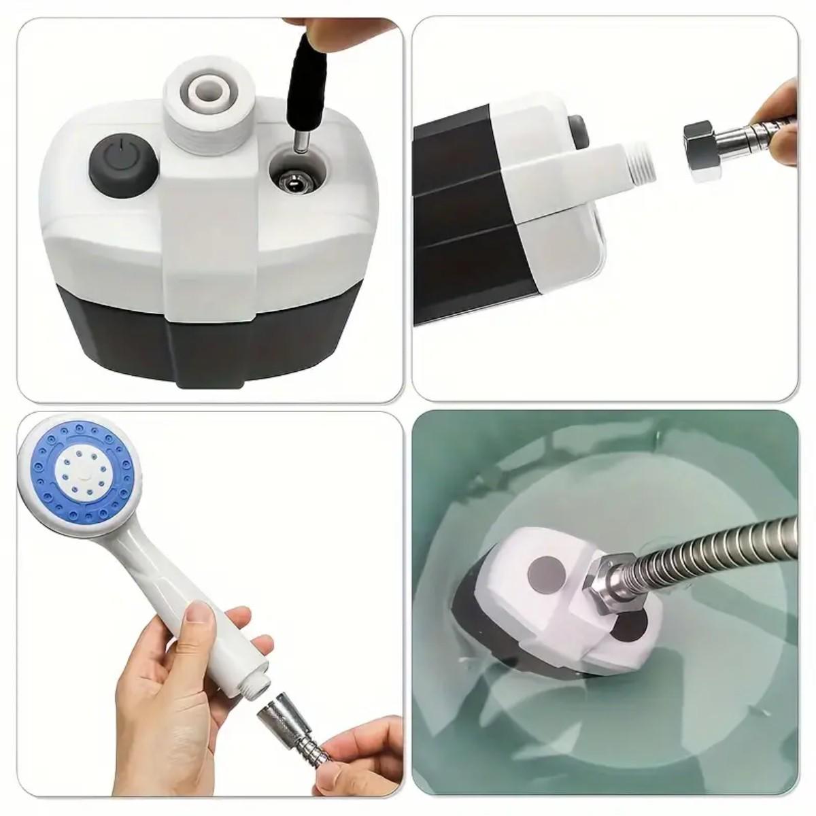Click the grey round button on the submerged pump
pos(543,567)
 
